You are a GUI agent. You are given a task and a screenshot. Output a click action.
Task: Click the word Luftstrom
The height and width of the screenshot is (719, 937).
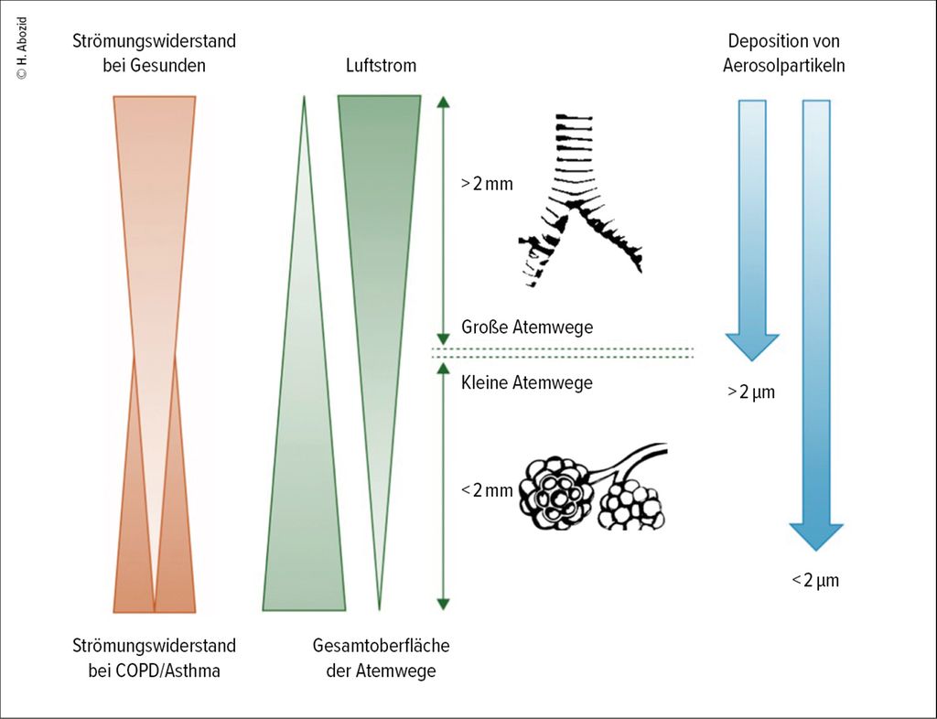point(381,66)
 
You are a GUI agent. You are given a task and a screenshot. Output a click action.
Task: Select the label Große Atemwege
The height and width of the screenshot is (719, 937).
point(527,327)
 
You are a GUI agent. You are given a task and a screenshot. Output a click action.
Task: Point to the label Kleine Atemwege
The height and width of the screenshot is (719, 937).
point(527,382)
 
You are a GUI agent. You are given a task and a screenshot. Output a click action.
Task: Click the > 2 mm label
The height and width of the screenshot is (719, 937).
point(487,183)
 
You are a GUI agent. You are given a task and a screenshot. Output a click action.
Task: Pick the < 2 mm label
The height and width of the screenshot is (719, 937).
point(487,490)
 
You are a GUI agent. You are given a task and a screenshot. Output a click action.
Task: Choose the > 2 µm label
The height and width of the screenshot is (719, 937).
point(751,393)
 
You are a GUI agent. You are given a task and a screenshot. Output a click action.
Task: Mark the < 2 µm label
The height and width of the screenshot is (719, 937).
point(814,580)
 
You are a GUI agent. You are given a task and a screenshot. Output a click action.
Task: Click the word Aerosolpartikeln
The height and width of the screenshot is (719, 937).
point(783,66)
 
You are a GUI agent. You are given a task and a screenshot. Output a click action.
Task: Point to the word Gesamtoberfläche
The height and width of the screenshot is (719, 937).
point(381,646)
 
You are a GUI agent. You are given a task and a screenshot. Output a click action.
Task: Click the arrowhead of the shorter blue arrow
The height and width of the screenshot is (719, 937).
point(752,347)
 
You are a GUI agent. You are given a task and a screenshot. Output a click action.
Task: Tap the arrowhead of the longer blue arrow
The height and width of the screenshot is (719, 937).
point(815,534)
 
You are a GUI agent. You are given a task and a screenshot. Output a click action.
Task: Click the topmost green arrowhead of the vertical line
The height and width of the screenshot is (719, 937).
point(444,102)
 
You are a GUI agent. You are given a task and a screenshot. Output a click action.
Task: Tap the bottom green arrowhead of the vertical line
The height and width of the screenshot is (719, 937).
point(444,604)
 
